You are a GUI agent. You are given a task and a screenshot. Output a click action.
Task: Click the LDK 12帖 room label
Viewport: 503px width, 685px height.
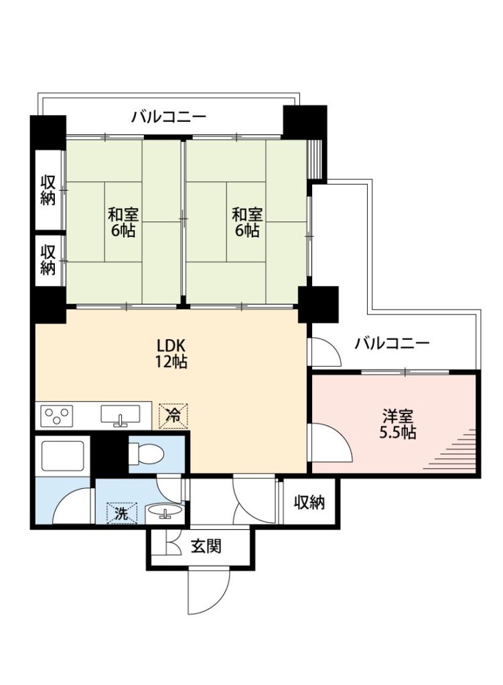point(172,353)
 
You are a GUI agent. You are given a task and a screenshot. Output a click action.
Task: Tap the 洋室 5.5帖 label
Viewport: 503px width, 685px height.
point(397,423)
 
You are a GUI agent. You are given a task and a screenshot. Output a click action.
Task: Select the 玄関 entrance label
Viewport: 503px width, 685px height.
point(206,546)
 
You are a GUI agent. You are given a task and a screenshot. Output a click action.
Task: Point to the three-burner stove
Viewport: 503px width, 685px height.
point(57,415)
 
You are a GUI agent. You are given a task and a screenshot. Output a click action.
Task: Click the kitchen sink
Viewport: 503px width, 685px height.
point(121,414)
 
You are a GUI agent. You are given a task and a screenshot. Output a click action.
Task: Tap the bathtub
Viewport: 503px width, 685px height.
point(62,456)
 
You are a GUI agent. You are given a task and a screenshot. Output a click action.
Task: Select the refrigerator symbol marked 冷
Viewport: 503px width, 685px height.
point(173,415)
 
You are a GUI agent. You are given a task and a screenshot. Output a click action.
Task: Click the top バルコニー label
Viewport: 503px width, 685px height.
point(168,117)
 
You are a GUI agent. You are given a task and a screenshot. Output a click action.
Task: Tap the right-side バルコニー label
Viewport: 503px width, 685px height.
point(392,343)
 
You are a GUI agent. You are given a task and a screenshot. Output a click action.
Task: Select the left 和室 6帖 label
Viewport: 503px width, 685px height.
point(123,222)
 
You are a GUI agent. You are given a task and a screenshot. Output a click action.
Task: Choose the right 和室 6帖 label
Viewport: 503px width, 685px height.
point(247,222)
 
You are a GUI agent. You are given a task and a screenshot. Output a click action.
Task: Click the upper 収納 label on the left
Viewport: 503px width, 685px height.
point(48,190)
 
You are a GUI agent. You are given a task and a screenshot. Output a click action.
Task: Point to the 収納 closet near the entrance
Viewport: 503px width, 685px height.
point(309,502)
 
